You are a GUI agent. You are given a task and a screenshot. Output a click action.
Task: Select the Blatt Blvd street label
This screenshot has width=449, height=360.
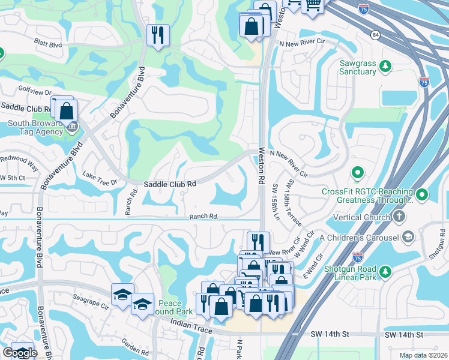(x=49, y=44)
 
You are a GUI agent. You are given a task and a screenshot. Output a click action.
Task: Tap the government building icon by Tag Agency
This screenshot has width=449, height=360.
(x=73, y=126)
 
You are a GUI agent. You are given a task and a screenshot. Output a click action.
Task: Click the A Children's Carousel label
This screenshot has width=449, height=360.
(x=359, y=238)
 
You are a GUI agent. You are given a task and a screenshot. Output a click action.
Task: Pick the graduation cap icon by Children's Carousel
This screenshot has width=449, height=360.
(x=408, y=237)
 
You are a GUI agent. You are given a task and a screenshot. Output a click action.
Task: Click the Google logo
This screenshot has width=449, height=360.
(x=20, y=353)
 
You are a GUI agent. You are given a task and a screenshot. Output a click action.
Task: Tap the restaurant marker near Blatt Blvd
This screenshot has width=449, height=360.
(x=158, y=34)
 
